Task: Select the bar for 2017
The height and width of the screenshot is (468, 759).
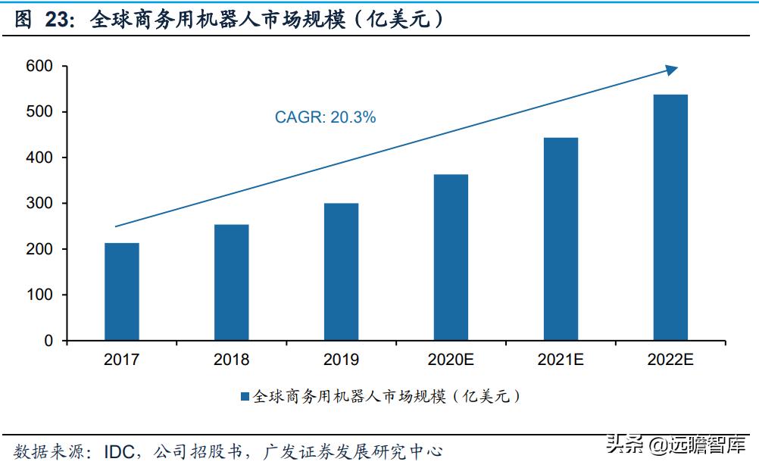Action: [x=121, y=292]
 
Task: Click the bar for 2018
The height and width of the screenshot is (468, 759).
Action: [x=231, y=282]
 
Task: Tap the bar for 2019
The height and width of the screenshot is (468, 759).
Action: [x=341, y=271]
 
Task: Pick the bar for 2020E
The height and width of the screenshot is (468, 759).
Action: [x=451, y=257]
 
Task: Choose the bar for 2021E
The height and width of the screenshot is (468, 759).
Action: [x=561, y=239]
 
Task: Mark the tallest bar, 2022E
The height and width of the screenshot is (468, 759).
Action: [x=670, y=217]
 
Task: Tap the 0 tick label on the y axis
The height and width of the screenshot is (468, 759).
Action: [x=48, y=341]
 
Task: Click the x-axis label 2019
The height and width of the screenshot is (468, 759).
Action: [x=341, y=360]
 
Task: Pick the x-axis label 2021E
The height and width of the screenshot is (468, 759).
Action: [x=561, y=360]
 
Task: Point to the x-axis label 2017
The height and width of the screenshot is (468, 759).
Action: [x=121, y=360]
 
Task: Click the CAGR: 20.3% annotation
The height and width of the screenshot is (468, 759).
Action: [x=325, y=117]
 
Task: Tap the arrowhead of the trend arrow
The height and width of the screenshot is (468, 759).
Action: [x=671, y=70]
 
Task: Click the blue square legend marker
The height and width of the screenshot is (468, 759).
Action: [x=245, y=396]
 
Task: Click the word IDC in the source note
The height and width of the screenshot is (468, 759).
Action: [x=119, y=452]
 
